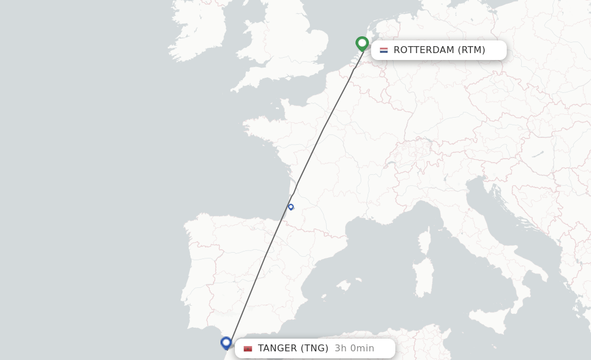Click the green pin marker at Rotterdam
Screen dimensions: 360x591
pos(362,43)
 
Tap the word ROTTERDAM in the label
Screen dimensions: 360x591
pos(424,50)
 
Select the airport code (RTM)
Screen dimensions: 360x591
pos(472,50)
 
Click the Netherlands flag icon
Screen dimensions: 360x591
pos(384,50)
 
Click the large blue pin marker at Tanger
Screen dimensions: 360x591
pos(226,343)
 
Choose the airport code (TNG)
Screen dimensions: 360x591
pos(315,348)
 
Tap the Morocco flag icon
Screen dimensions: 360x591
pos(248,348)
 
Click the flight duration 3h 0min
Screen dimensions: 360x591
pos(354,348)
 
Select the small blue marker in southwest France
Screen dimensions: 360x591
pos(291,207)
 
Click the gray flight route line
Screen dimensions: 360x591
pos(323,128)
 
